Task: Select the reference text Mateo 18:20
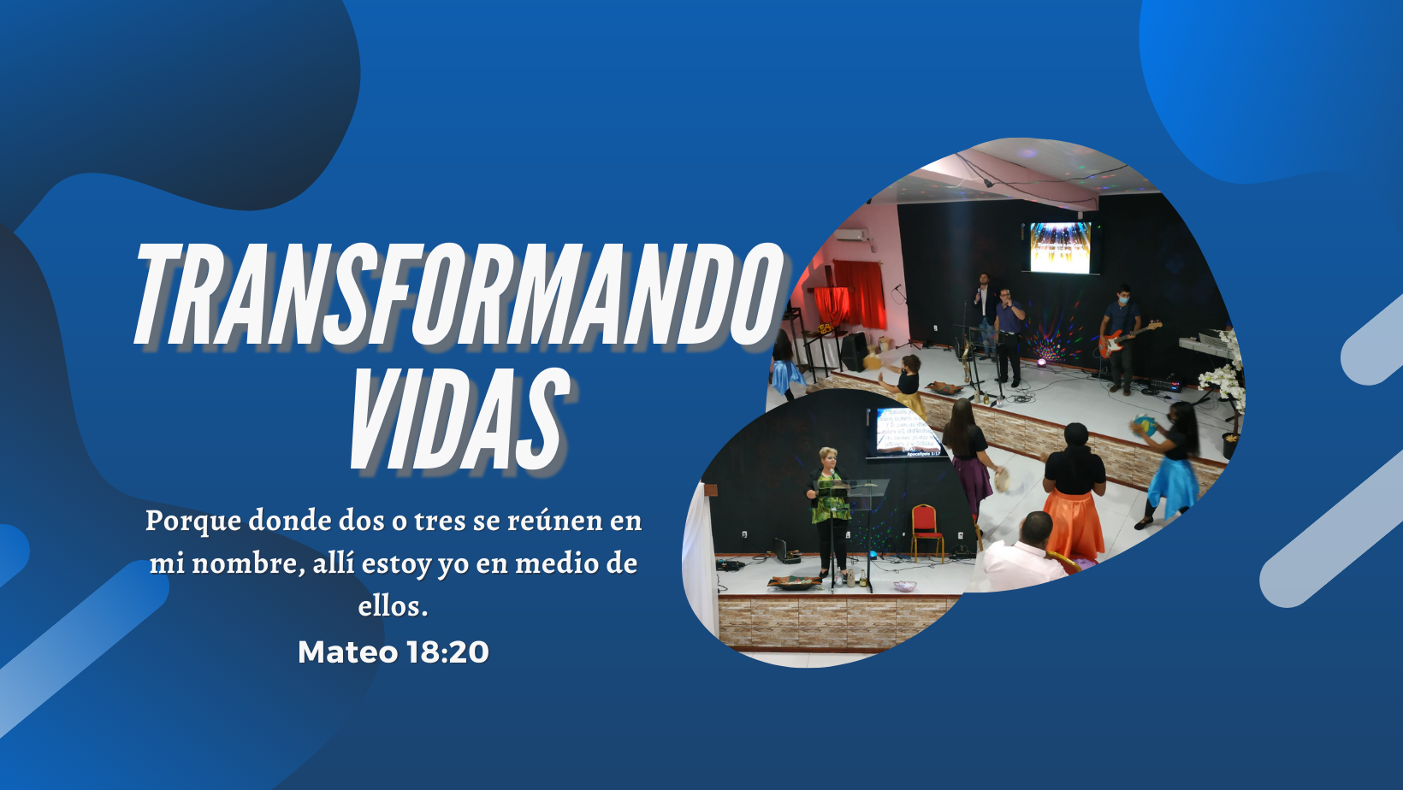(x=394, y=652)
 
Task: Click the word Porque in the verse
(x=193, y=521)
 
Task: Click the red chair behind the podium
(x=926, y=529)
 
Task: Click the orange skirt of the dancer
(x=1074, y=522)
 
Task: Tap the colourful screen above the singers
(x=1060, y=247)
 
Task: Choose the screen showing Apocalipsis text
(x=907, y=433)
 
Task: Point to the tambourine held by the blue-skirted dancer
(x=1142, y=425)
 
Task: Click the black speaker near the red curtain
(x=854, y=351)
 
